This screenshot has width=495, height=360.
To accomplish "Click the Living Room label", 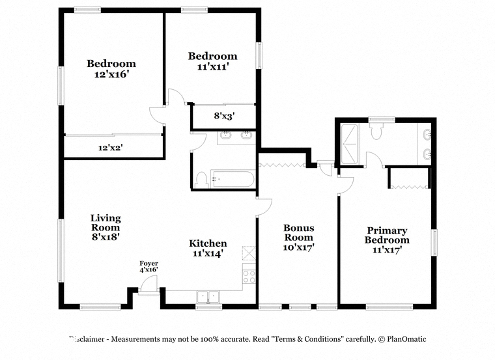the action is pos(106,227).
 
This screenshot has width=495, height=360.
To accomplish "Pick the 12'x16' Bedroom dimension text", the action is pos(112,74).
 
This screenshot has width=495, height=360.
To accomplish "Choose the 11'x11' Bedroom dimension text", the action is pos(213,66).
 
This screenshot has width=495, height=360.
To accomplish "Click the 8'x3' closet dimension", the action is pos(224,116).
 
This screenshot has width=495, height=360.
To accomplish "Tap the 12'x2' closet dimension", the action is pos(111,147).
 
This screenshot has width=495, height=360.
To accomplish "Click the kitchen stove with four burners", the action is pos(249,277).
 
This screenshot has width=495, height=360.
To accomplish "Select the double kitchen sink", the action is pos(208,297).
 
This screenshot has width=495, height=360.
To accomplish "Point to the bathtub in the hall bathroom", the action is pos(233,179).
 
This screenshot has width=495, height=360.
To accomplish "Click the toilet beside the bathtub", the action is pos(201,180).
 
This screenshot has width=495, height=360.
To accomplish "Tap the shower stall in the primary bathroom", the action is pos(350,144).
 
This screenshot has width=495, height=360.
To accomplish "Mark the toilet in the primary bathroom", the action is pos(376,131).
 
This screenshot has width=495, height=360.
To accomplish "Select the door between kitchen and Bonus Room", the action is pos(264,207).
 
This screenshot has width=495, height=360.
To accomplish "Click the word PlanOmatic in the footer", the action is pos(406,339).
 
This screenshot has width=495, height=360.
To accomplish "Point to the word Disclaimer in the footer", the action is pos(87,339).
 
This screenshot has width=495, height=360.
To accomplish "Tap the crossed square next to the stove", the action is pos(249,253).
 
